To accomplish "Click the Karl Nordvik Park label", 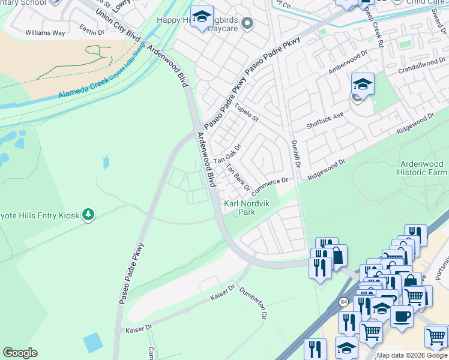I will (247, 208).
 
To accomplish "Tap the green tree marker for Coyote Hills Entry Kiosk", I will (88, 214).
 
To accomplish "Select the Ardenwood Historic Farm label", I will (422, 168).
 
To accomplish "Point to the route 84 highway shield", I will (343, 301).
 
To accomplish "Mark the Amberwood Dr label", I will (347, 62).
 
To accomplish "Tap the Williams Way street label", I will (45, 33).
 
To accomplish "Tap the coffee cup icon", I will (402, 316).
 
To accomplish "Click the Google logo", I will (20, 353).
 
